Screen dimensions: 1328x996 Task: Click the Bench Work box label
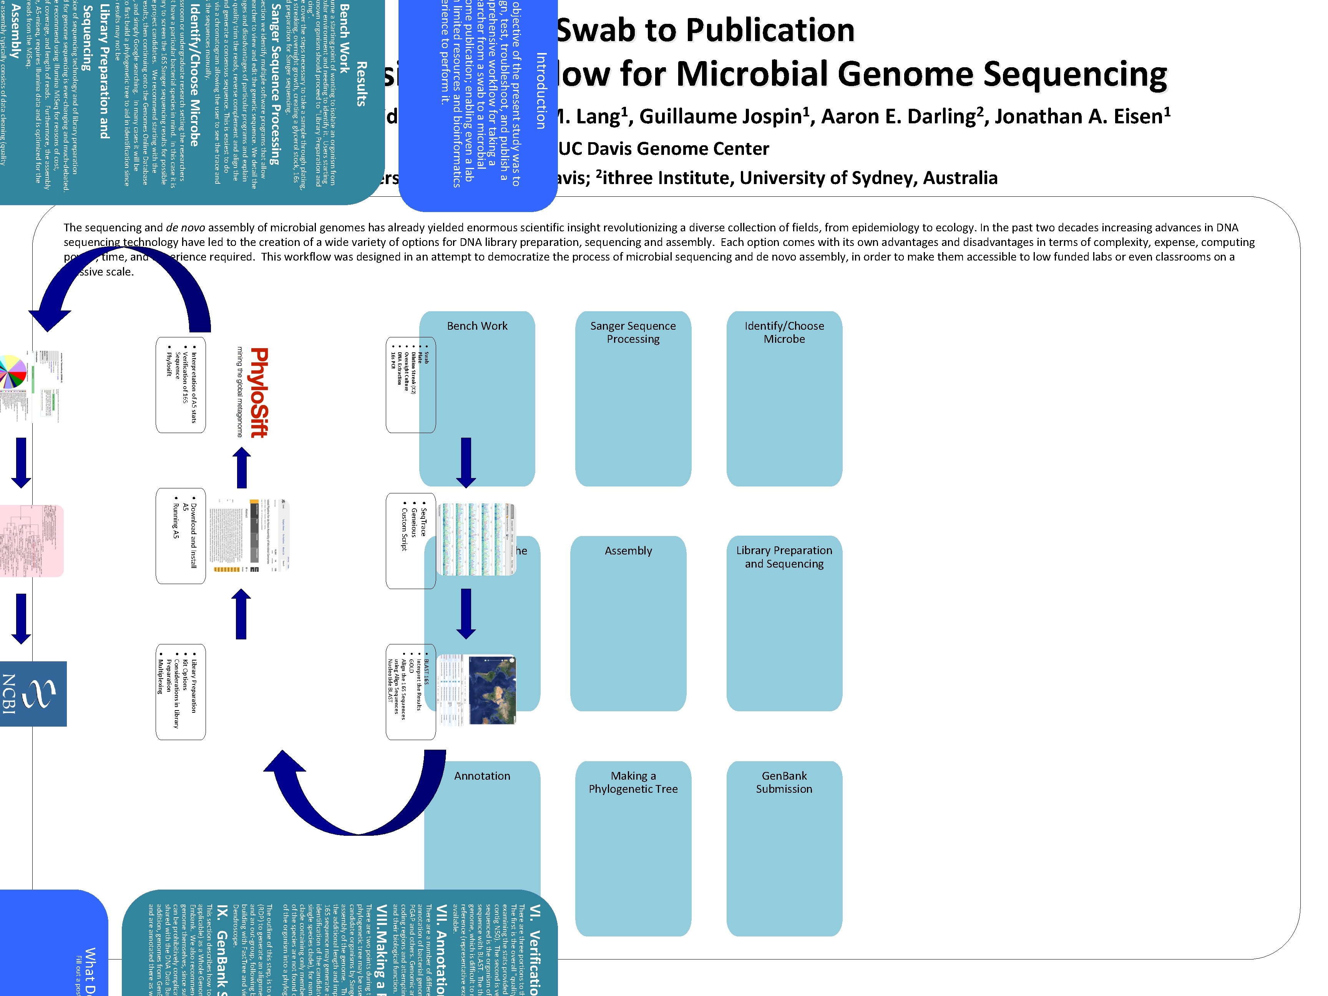(x=477, y=326)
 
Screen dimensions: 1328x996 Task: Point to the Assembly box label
(x=628, y=551)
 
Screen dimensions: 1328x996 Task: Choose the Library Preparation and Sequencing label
(x=784, y=557)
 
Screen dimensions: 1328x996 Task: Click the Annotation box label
(x=482, y=776)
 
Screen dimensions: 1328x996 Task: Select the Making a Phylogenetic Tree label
(x=633, y=783)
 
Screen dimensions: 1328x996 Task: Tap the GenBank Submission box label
(x=784, y=783)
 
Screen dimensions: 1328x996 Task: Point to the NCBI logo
(x=33, y=694)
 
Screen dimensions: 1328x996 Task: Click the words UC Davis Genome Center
(x=663, y=149)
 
